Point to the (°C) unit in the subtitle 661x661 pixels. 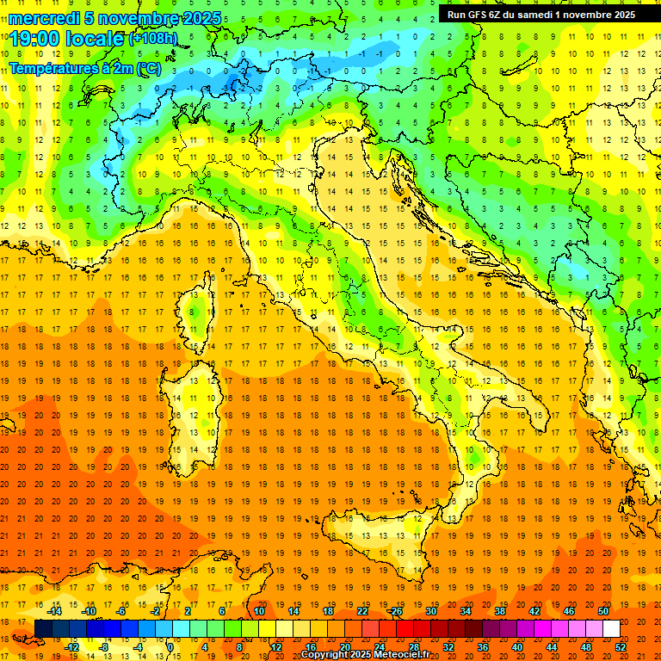[x=148, y=67]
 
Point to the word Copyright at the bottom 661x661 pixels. [x=326, y=655]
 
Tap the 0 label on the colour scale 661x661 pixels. [x=170, y=647]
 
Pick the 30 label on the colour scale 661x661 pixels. [x=430, y=611]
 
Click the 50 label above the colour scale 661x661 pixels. [x=602, y=611]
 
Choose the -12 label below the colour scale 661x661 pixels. [x=72, y=647]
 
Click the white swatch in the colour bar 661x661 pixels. [x=611, y=629]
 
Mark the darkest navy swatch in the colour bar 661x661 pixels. [x=43, y=629]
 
